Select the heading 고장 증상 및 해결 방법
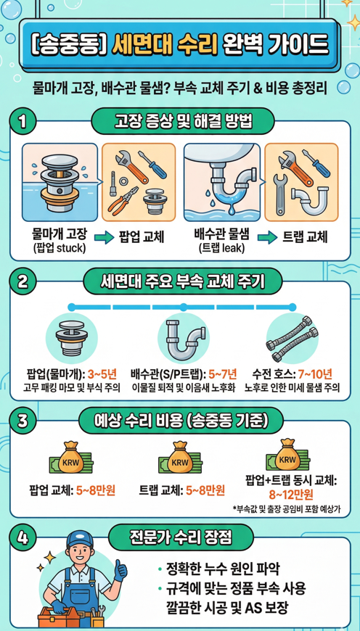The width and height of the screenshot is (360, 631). pyautogui.click(x=183, y=120)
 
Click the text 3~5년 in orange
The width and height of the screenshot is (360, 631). pyautogui.click(x=102, y=376)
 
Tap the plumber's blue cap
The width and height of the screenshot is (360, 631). pyautogui.click(x=80, y=538)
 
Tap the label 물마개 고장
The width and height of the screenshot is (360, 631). pyautogui.click(x=60, y=234)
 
